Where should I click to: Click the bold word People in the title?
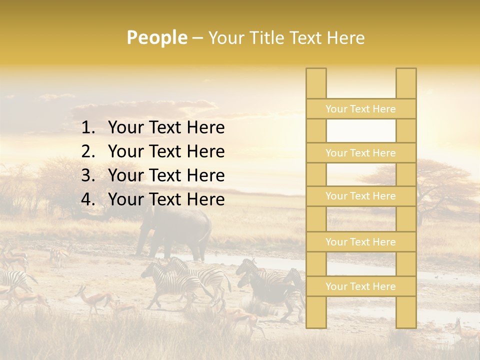[156, 38]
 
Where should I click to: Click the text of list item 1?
[166, 128]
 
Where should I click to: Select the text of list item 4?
[166, 199]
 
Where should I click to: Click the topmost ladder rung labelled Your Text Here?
[360, 109]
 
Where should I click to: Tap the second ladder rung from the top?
[360, 153]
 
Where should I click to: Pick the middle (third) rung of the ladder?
[360, 196]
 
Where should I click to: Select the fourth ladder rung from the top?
[360, 242]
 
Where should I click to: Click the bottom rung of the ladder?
[360, 286]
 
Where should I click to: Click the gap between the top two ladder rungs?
[360, 131]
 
